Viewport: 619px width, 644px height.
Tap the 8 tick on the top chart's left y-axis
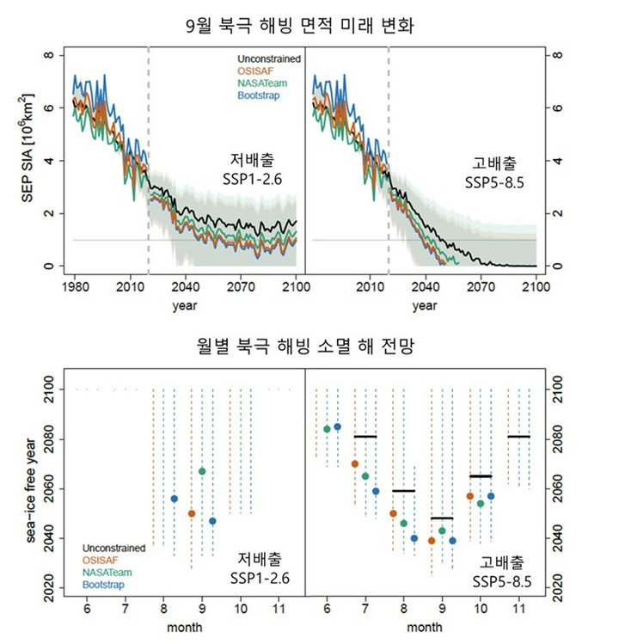coord(49,56)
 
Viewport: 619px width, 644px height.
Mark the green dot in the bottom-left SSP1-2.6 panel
coord(202,471)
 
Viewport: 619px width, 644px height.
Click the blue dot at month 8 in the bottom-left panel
coord(175,499)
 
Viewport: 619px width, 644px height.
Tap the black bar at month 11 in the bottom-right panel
coord(518,437)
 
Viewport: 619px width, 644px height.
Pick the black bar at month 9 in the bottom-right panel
coord(442,518)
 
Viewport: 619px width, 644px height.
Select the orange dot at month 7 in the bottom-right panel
coord(355,464)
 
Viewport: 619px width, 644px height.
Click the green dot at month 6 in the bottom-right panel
coord(327,428)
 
